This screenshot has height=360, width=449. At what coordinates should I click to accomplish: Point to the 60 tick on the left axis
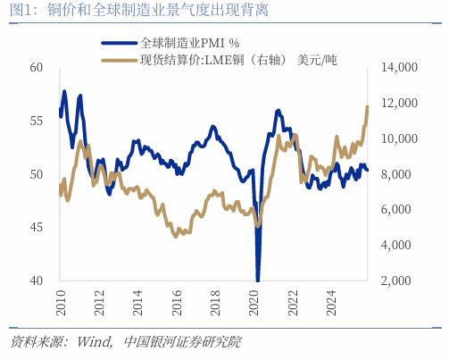point(36,68)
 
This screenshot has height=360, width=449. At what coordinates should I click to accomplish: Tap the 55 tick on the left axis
point(36,121)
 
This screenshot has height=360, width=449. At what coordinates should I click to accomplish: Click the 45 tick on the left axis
point(36,227)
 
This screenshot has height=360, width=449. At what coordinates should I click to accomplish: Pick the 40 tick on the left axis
point(36,280)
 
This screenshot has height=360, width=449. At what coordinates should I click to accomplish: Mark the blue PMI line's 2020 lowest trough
point(258,279)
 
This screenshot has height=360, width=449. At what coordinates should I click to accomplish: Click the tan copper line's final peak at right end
point(368,107)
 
